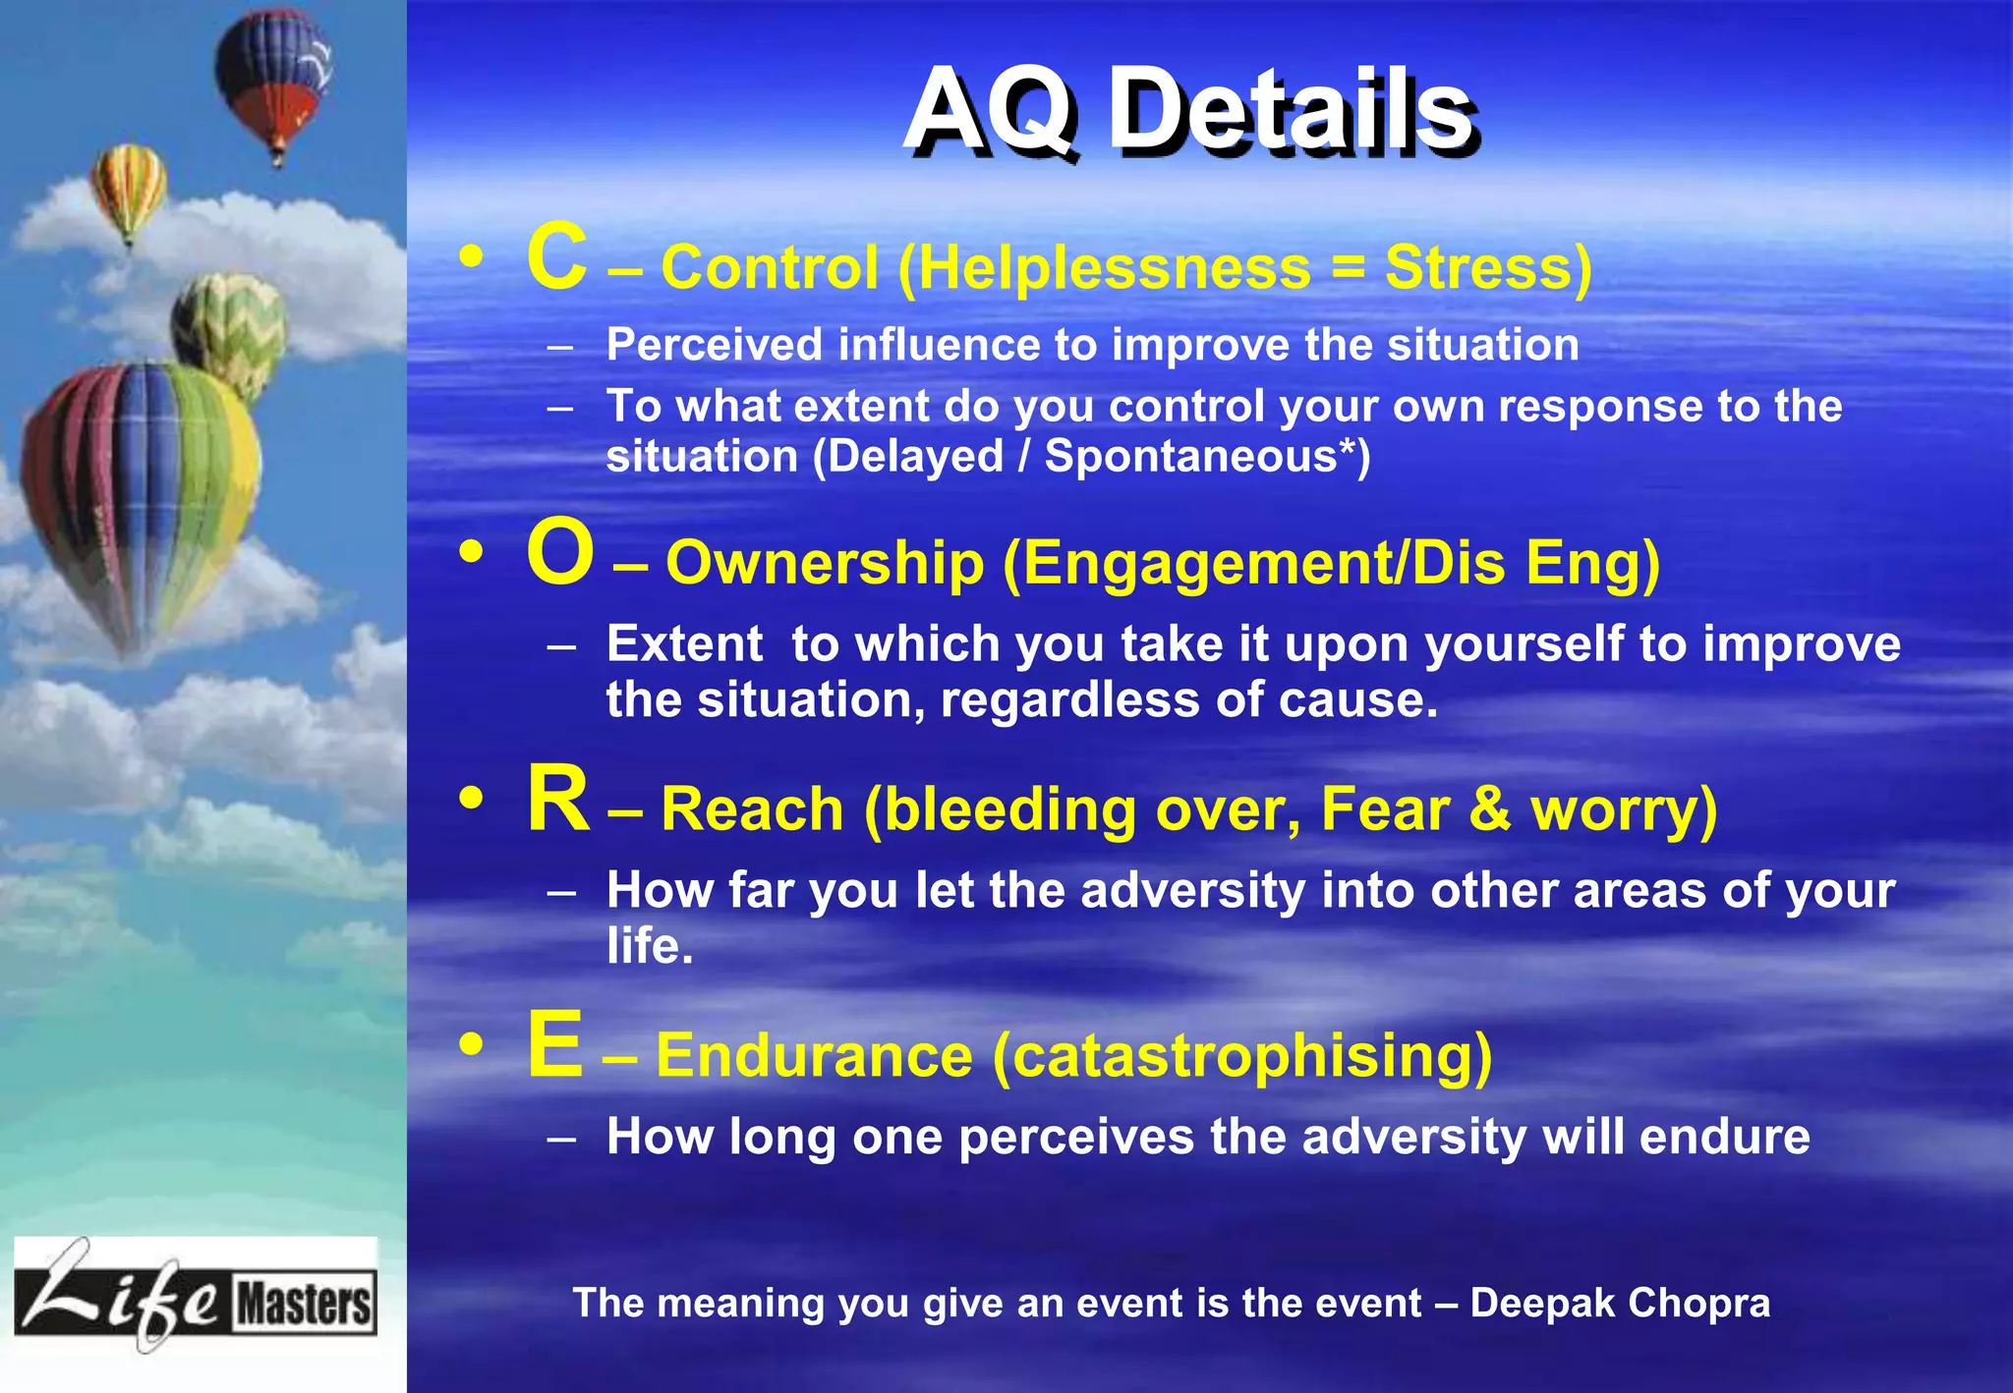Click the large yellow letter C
(x=556, y=257)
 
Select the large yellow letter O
(x=559, y=553)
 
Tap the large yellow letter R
(x=557, y=800)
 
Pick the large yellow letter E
(x=554, y=1045)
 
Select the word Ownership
(x=825, y=564)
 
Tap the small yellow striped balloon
(x=128, y=188)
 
